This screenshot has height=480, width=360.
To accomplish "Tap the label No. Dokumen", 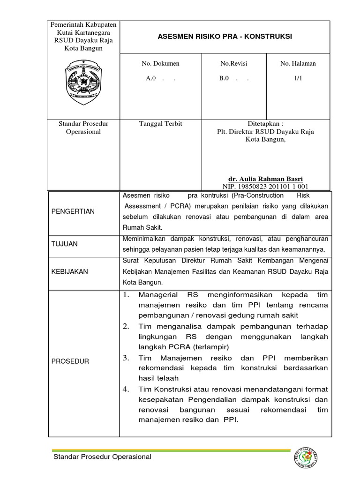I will (x=160, y=64).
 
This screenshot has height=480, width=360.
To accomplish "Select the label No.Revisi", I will (x=233, y=64).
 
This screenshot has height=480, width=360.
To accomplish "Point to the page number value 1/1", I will (x=298, y=79).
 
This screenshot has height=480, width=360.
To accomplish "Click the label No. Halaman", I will (x=298, y=64).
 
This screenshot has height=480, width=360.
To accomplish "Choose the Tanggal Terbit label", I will (x=160, y=124).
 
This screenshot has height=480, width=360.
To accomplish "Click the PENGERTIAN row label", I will (x=73, y=211).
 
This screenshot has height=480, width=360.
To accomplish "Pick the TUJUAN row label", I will (x=65, y=244).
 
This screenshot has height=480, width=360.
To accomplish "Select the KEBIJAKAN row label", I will (x=70, y=272).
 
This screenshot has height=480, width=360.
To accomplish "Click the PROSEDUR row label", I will (x=70, y=361).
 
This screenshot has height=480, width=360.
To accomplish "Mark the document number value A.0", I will (x=151, y=79).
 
